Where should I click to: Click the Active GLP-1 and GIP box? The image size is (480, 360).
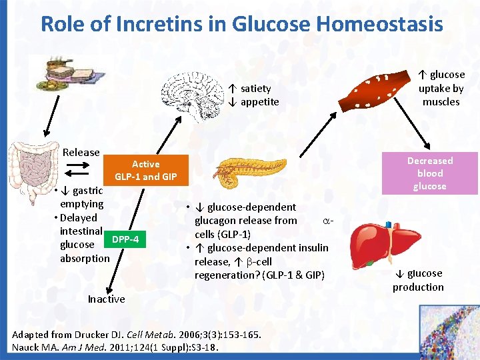(145, 170)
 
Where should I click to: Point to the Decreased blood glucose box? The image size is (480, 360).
(429, 173)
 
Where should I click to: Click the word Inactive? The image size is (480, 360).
(106, 299)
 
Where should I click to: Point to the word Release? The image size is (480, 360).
(81, 153)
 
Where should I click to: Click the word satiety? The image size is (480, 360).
(255, 88)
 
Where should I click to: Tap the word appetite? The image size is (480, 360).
(259, 102)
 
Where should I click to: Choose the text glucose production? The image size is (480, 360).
(418, 280)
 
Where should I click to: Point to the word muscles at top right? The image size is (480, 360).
(441, 102)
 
